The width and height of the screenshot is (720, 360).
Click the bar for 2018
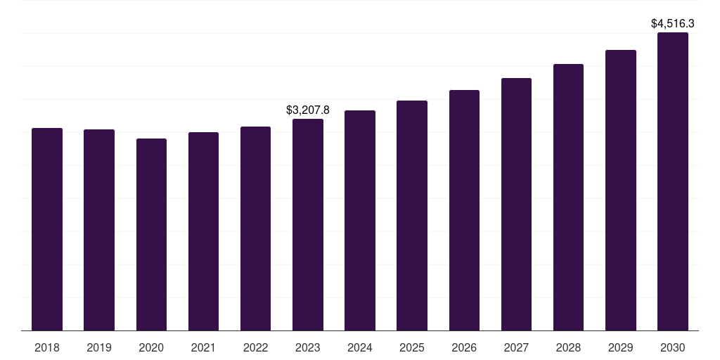coord(47,229)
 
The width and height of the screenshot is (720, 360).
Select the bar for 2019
coord(99,230)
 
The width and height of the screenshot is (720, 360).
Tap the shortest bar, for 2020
coord(152,235)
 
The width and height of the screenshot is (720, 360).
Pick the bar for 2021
coord(203,231)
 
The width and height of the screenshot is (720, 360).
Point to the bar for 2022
coord(255,229)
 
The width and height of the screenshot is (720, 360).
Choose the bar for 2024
coord(360,220)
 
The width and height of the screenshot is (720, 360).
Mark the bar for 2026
coord(464,210)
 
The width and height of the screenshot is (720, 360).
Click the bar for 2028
coord(568,198)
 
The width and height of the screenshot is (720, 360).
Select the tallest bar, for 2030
coord(673,181)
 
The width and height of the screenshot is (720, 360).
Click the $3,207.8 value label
coord(308,110)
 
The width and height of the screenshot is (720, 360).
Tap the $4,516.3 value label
coord(673,23)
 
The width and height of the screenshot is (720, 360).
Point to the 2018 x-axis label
coord(47,347)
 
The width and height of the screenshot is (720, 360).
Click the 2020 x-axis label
coord(152,347)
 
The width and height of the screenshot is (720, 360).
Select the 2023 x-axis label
coord(308,347)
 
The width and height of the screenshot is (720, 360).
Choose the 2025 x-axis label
coord(412,347)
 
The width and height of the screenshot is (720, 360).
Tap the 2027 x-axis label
coord(516,347)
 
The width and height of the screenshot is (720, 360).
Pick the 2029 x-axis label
coord(621,347)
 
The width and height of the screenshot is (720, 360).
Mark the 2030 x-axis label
coord(673,347)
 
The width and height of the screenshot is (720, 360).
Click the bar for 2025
coord(412,215)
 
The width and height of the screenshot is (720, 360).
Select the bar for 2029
coord(621,190)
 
